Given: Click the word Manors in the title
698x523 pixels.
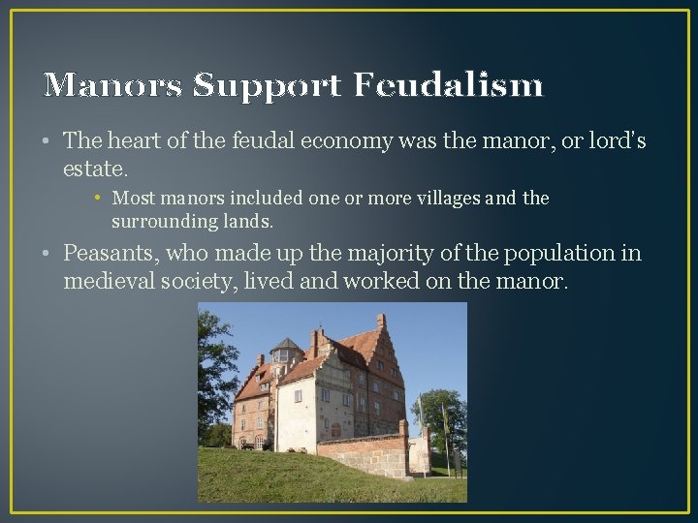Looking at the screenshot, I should tap(112, 85).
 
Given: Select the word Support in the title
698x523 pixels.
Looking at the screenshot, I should tap(267, 85).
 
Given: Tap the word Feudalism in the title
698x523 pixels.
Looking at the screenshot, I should tap(448, 85).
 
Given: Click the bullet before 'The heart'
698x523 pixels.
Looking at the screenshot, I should tap(48, 141).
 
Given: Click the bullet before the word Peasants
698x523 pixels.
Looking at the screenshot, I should tap(48, 254).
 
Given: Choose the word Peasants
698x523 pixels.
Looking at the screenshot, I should tap(111, 254).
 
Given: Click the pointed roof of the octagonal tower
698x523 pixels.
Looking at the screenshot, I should tap(286, 344).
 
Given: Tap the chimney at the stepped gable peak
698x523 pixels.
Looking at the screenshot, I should tap(381, 321).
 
